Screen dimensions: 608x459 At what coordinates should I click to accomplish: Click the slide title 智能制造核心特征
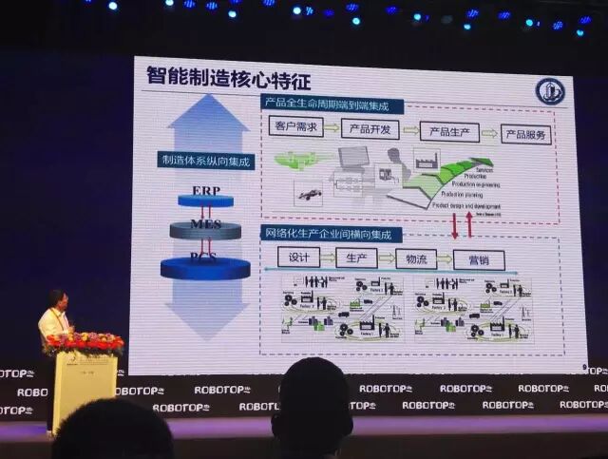click(228, 76)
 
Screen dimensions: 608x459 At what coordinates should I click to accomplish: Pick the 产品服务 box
click(526, 134)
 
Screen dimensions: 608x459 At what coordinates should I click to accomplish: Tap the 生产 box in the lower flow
click(356, 258)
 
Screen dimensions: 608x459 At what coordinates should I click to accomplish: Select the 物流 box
click(417, 258)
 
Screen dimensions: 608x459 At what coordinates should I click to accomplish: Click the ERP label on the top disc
click(206, 191)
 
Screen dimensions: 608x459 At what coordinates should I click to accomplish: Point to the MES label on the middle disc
click(205, 224)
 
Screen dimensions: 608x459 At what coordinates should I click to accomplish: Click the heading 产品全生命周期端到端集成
click(332, 104)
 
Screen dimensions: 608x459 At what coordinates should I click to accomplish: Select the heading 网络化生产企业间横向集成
click(332, 234)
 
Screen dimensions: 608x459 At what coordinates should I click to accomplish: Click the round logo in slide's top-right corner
click(549, 91)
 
